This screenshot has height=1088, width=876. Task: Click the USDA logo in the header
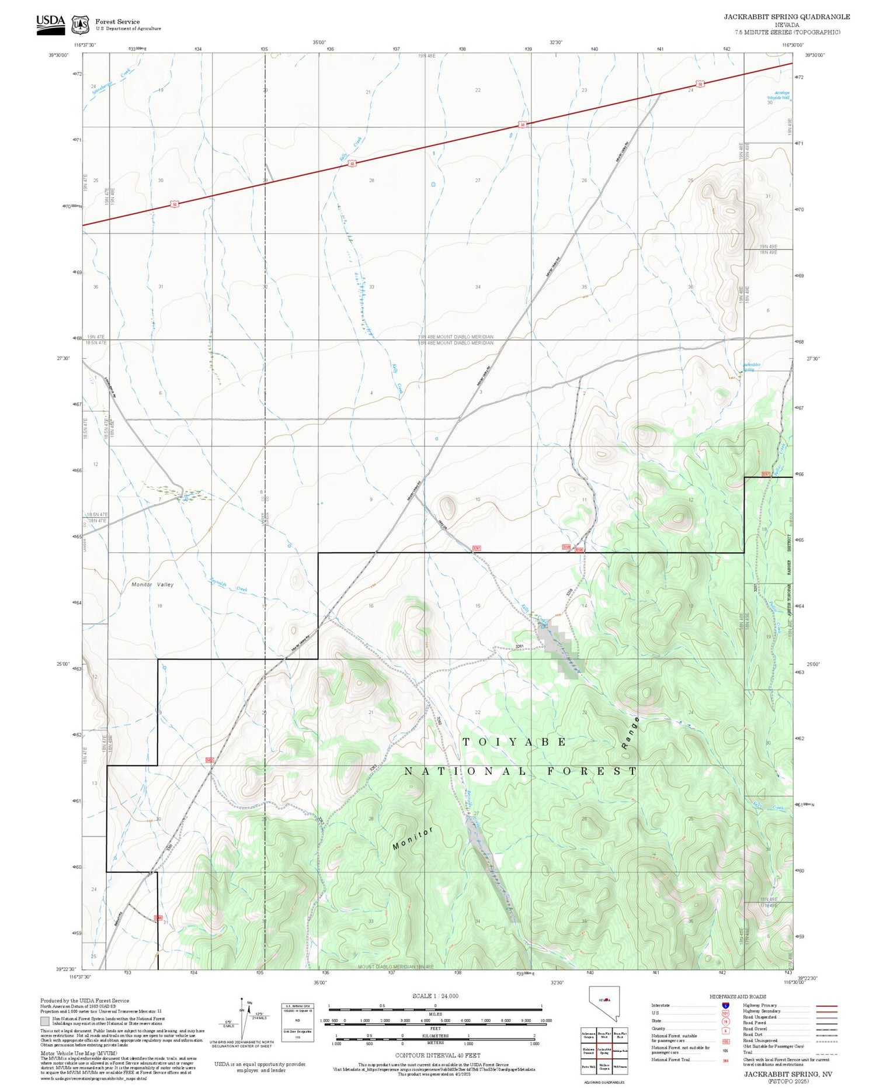pos(50,24)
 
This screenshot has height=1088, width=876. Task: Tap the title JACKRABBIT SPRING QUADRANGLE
pos(787,16)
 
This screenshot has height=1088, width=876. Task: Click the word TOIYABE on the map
pos(515,741)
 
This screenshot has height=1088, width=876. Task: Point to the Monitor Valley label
pos(152,584)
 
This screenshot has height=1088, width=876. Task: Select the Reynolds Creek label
pos(228,585)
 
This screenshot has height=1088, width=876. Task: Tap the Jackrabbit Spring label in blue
pos(751,367)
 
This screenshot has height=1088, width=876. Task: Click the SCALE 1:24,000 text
pos(435,996)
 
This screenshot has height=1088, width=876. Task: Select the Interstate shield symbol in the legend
pos(725,1006)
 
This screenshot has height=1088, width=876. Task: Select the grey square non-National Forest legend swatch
pos(45,1021)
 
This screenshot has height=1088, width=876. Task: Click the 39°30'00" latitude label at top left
pos(58,56)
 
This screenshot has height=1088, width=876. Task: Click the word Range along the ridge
pos(631,733)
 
